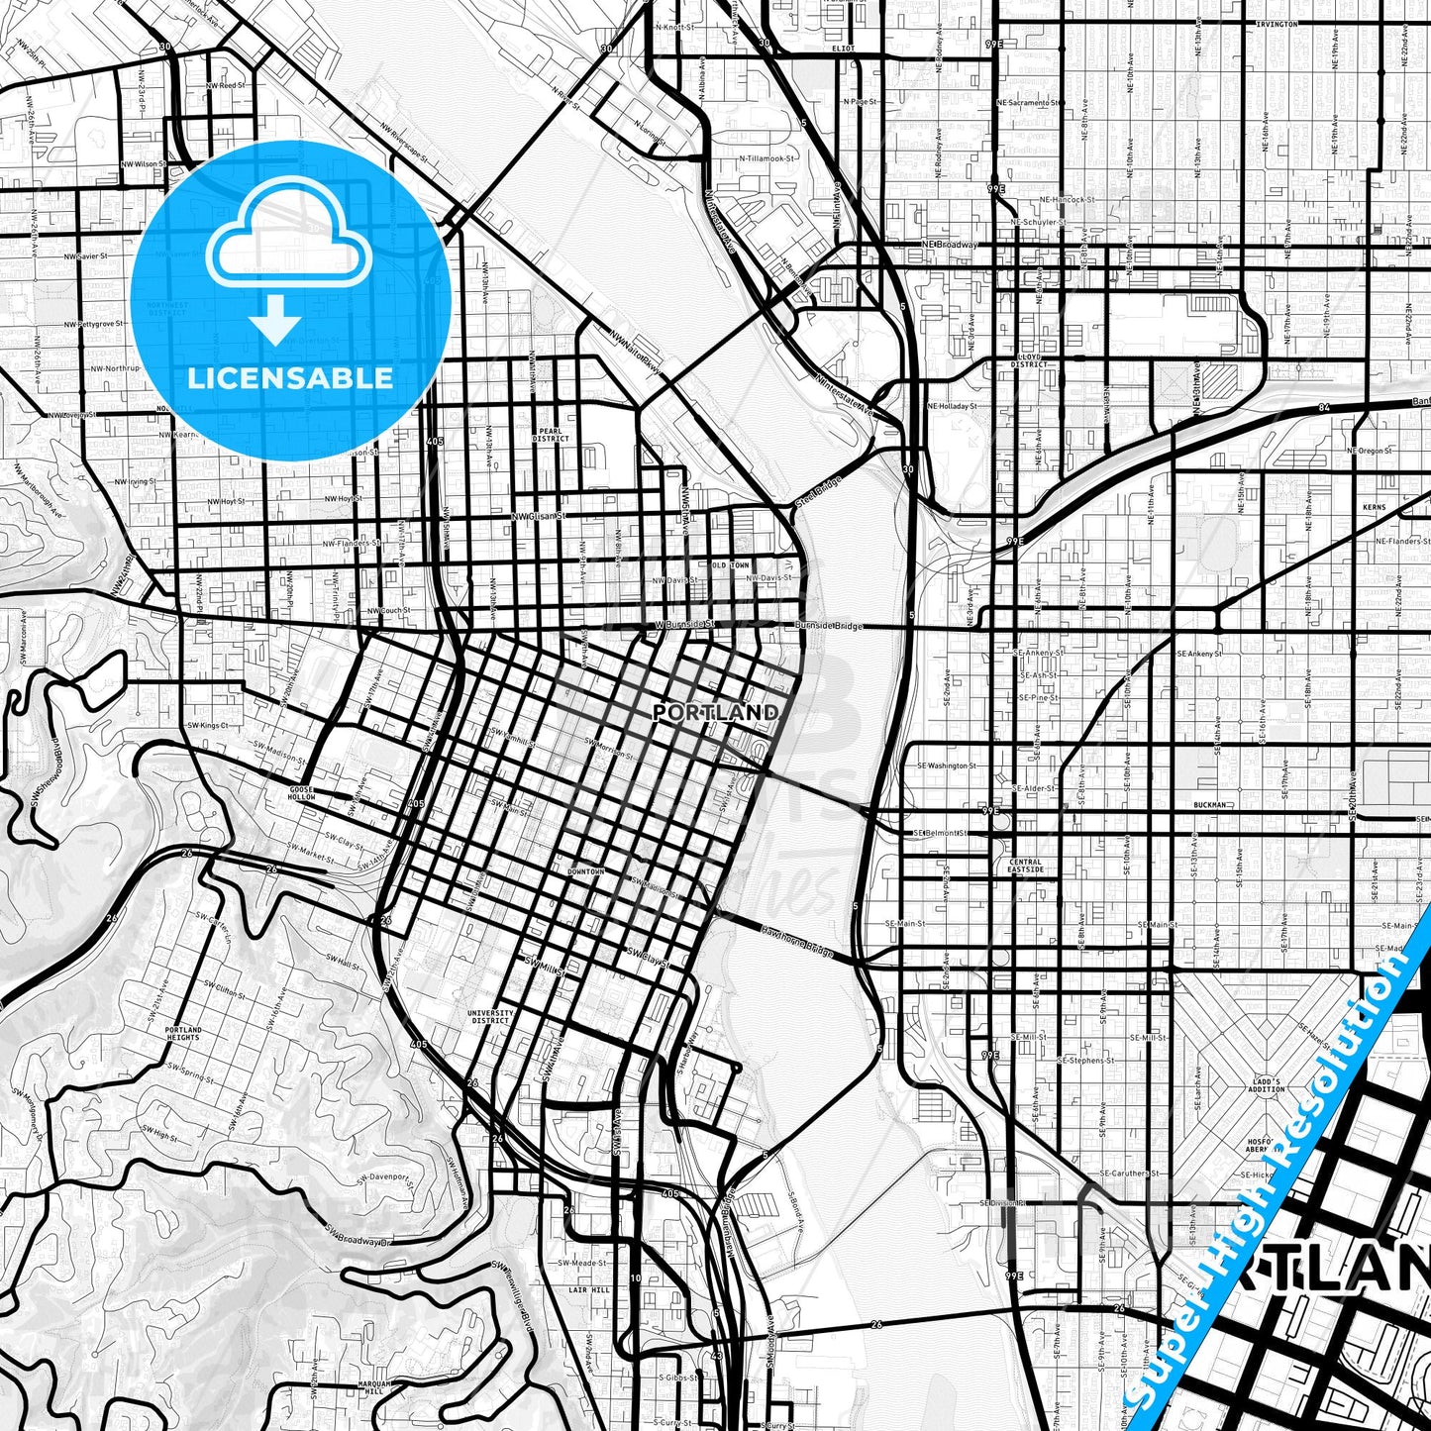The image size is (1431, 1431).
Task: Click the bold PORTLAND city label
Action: (x=716, y=712)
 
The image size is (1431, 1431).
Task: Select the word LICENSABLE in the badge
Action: (x=290, y=378)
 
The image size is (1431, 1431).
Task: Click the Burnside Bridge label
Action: (x=829, y=626)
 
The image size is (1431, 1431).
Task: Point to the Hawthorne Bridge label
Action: (x=798, y=942)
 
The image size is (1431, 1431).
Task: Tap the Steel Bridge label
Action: (x=817, y=494)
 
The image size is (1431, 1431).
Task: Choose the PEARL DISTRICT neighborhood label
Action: (x=551, y=435)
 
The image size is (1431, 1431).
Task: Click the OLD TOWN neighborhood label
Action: (x=731, y=564)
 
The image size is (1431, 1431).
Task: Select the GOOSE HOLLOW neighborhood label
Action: (x=301, y=792)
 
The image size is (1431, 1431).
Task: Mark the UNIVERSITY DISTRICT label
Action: (x=491, y=1017)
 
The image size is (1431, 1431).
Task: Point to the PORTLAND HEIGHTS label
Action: (x=183, y=1034)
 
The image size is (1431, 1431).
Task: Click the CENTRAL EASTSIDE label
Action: (x=1025, y=866)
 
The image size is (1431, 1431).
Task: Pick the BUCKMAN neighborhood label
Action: (x=1210, y=805)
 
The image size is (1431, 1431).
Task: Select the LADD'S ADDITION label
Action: (x=1266, y=1085)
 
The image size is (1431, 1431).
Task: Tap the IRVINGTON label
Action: (x=1276, y=24)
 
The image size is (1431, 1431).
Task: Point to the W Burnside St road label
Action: (x=684, y=626)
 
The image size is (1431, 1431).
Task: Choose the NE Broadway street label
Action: (x=950, y=245)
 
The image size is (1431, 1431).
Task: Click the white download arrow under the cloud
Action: (x=274, y=322)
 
